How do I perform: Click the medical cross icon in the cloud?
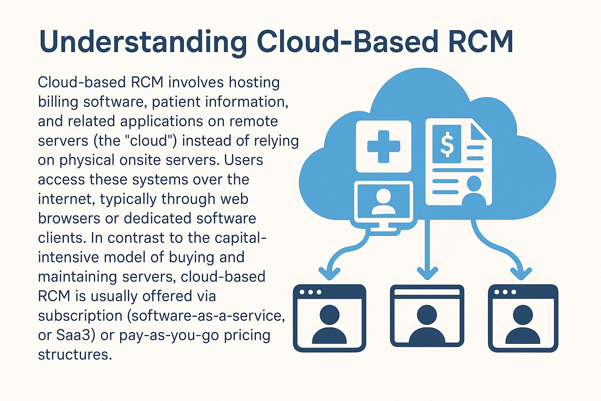click(x=383, y=146)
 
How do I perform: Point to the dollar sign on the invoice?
click(x=447, y=144)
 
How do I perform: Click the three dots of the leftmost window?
click(x=310, y=292)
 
